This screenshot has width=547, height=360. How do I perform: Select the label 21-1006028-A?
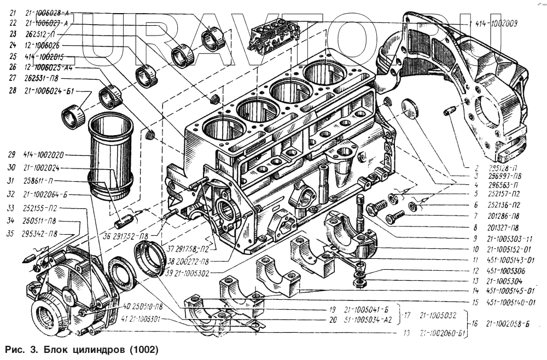point(46,13)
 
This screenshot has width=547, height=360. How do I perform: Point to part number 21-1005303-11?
point(503,239)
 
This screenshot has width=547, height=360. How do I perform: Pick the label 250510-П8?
point(141,306)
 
